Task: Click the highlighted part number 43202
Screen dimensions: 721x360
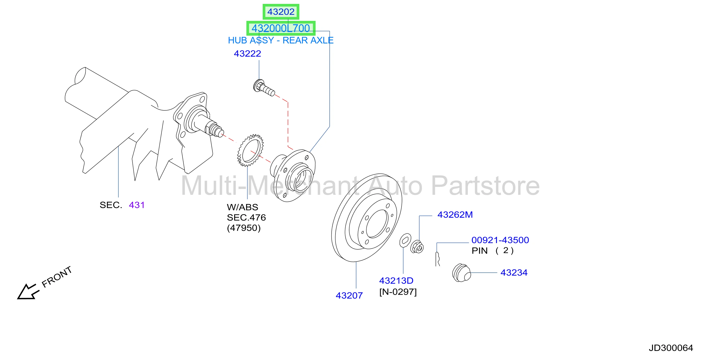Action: click(x=281, y=12)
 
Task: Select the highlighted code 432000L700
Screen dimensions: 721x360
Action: click(x=281, y=28)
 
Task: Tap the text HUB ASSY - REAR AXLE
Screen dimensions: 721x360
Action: click(x=281, y=40)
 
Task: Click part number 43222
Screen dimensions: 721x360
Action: click(x=247, y=53)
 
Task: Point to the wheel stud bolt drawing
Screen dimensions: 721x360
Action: click(x=264, y=88)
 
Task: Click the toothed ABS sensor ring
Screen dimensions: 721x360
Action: click(x=250, y=150)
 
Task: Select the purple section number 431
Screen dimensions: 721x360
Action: click(x=137, y=205)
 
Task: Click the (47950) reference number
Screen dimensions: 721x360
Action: click(x=244, y=228)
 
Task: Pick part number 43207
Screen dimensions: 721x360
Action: click(x=349, y=296)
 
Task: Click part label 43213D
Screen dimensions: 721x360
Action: click(x=396, y=281)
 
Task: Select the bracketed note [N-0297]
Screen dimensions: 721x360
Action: click(x=398, y=292)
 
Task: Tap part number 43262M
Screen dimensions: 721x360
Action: click(x=455, y=214)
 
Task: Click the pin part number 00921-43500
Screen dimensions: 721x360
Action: click(x=500, y=240)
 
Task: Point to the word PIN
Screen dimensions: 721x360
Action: click(x=480, y=251)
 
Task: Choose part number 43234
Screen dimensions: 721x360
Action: click(x=514, y=272)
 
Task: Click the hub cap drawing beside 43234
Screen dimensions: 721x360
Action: click(x=461, y=273)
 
